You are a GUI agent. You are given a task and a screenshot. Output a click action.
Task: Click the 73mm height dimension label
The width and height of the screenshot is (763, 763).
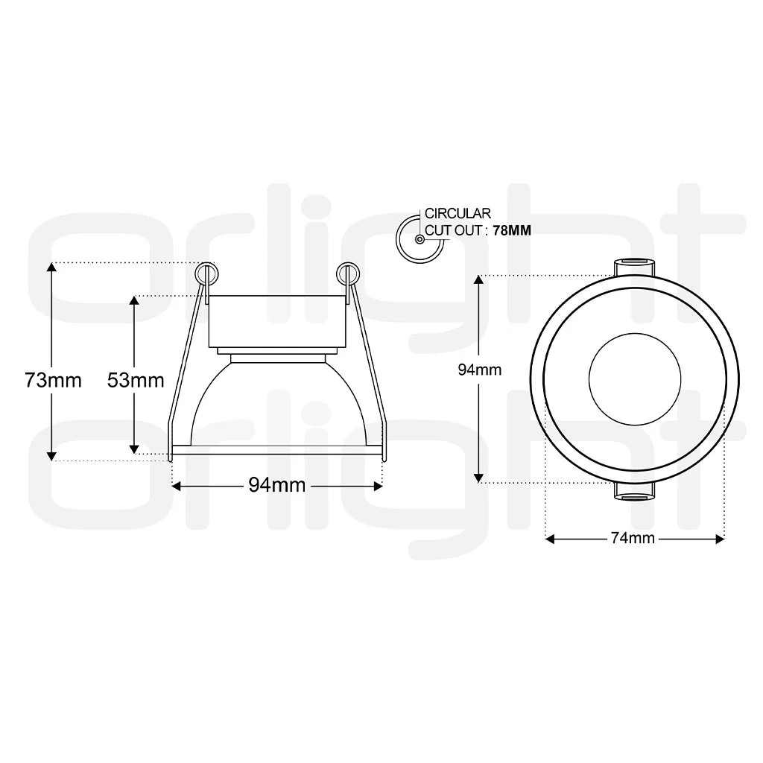point(52,380)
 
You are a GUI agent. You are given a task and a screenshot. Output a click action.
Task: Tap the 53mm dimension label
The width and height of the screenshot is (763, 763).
point(136,380)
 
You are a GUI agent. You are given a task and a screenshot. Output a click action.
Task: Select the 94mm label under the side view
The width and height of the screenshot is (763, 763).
point(277,485)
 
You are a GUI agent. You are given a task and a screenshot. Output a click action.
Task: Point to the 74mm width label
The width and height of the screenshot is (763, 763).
point(633,538)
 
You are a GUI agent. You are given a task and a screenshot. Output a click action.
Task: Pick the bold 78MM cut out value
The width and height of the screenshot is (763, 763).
point(512,231)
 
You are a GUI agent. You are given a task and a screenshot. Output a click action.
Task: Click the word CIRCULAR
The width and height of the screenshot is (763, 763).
point(458,214)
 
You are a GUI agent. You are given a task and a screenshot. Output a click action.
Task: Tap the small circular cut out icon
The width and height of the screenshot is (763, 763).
point(420,238)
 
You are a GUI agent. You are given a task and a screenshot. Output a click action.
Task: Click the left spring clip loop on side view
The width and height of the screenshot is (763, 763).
point(206,273)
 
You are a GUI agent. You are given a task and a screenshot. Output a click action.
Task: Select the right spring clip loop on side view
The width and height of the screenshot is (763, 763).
point(346,273)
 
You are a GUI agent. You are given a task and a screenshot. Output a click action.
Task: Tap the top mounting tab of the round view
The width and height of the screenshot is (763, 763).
point(633,267)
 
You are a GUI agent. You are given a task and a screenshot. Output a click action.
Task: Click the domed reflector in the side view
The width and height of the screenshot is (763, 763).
point(277,402)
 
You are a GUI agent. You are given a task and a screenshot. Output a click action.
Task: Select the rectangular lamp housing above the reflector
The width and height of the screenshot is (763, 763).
point(277,320)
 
